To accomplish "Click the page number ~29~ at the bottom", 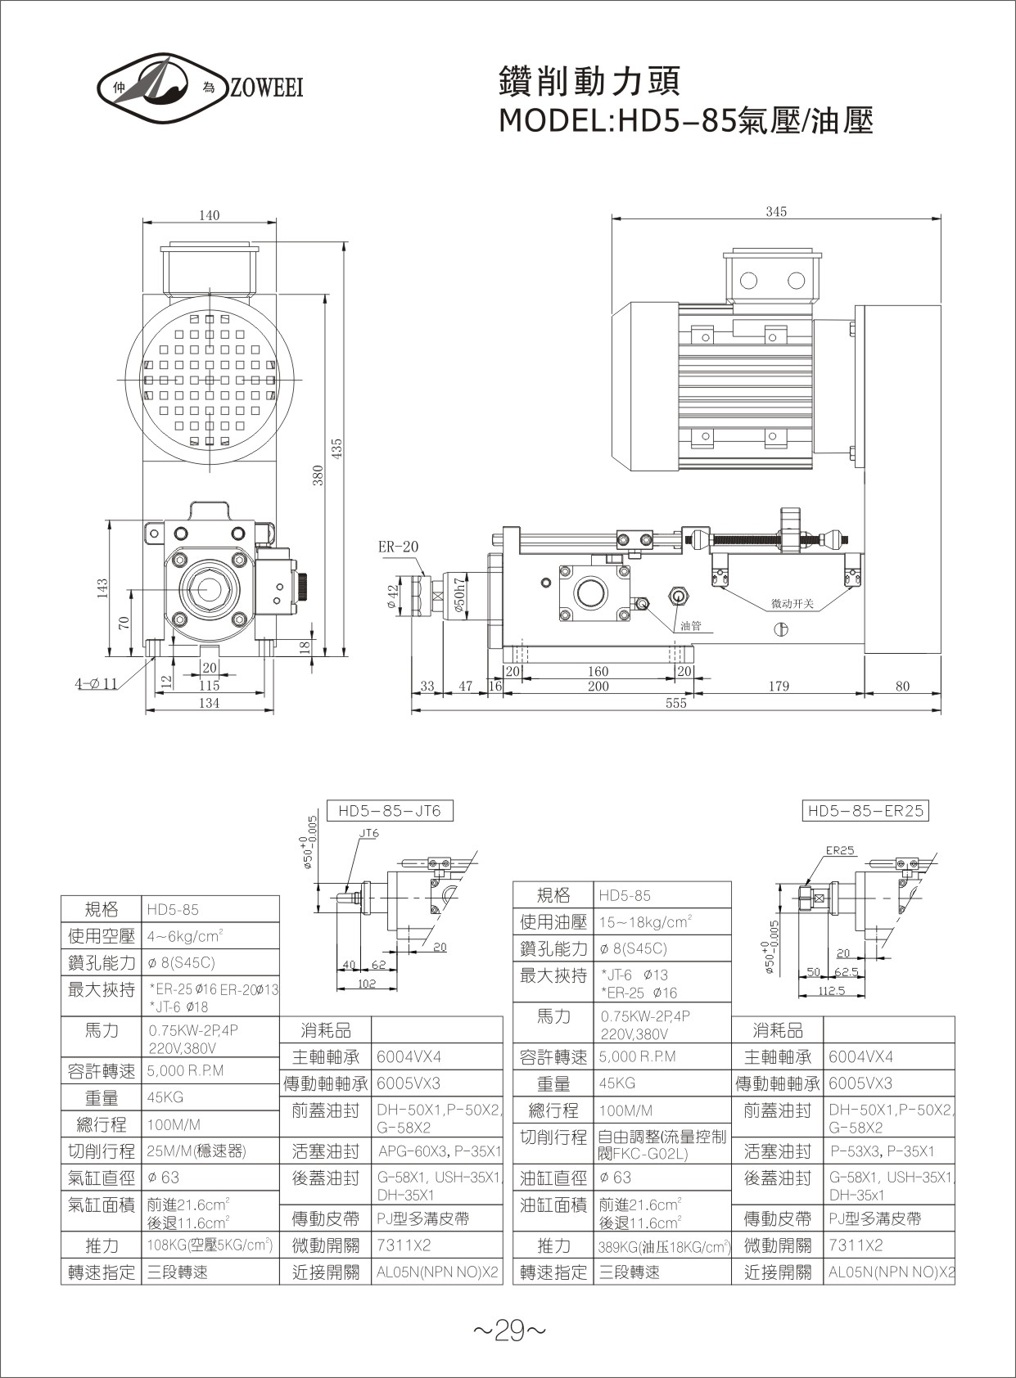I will [508, 1332].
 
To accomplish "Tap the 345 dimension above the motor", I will [776, 212].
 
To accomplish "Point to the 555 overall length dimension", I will [675, 703].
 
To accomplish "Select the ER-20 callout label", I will [398, 547].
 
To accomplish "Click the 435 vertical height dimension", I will [336, 450].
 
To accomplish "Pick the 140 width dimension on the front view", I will [210, 215].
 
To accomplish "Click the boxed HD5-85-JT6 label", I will [389, 811].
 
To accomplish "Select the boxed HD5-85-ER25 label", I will [865, 811].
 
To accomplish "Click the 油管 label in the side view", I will [691, 627].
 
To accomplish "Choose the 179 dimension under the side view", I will [779, 687].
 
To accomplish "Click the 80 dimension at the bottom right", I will [901, 687].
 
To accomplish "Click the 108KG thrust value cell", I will [210, 1245].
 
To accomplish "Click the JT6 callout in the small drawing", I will [369, 833].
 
